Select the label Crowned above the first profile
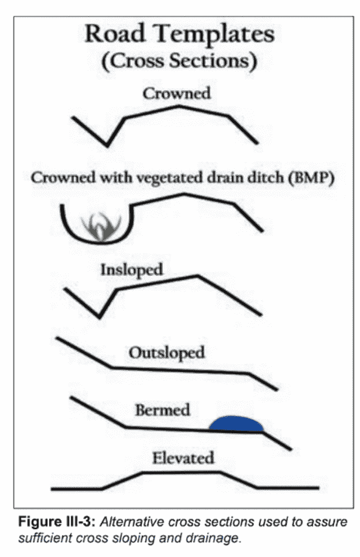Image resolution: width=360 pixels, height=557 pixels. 177,93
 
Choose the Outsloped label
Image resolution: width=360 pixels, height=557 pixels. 166,353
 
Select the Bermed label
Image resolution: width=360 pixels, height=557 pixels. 162,410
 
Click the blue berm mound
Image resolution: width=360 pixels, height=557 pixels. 236,424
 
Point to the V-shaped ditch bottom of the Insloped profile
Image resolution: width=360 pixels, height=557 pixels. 100,317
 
